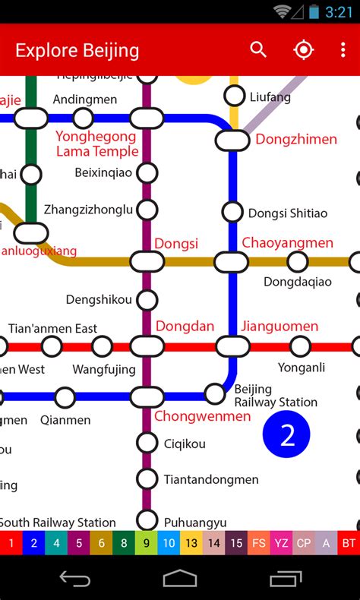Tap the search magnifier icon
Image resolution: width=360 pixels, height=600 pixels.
[258, 50]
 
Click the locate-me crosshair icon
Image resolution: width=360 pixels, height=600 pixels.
[303, 50]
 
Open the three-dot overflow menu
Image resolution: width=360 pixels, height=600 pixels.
[343, 50]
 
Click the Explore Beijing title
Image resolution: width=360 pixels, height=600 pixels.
[77, 51]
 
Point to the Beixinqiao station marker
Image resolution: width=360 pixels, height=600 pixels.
[147, 173]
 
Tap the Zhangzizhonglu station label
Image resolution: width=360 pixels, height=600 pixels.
[88, 210]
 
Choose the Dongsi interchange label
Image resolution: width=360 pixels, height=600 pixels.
[176, 244]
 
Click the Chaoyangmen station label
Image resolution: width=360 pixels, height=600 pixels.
[287, 243]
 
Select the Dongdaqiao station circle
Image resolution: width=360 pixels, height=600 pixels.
[298, 262]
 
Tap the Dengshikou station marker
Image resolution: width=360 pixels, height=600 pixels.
[147, 299]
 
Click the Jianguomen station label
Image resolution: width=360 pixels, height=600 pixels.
[279, 327]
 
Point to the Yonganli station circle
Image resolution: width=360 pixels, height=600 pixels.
[301, 347]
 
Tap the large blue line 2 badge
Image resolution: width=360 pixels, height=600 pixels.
[287, 434]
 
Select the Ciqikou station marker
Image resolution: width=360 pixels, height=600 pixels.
[147, 443]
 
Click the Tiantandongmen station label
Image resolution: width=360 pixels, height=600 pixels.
[211, 479]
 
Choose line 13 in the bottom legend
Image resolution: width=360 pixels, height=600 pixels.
[191, 543]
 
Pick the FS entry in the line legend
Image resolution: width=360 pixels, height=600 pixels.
[259, 543]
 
